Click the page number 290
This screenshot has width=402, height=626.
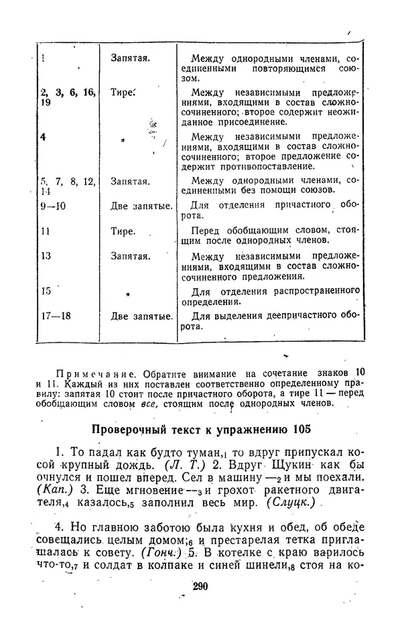[x=200, y=587]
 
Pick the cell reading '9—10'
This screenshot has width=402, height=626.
[x=53, y=206]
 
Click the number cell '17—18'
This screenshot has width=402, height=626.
[x=56, y=316]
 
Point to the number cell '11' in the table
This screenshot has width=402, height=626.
[x=46, y=232]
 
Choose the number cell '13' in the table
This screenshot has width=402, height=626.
[x=46, y=256]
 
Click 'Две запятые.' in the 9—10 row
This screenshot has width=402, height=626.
[x=141, y=206]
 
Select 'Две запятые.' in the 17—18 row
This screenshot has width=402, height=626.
[x=141, y=316]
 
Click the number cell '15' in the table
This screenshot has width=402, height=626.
[x=46, y=291]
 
